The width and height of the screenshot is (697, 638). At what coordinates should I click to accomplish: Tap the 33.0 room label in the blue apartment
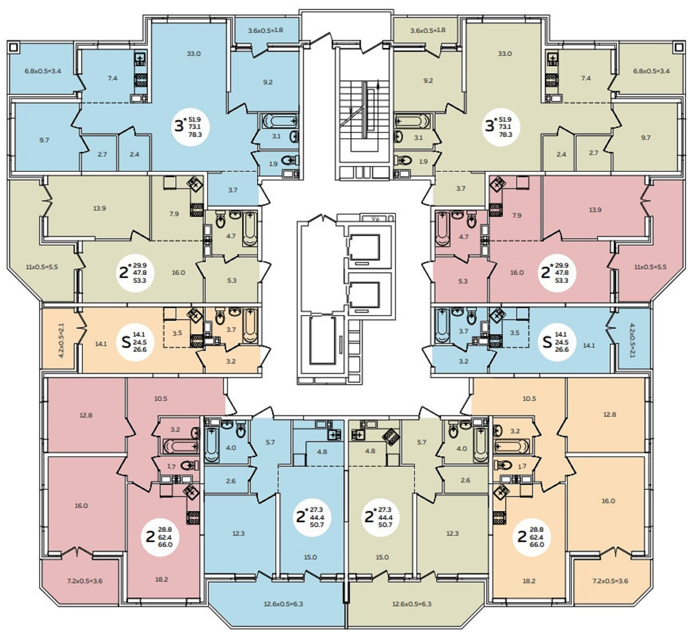193,54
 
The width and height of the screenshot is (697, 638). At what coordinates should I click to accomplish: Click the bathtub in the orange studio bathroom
250,326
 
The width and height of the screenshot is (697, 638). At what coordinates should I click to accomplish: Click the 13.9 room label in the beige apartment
99,208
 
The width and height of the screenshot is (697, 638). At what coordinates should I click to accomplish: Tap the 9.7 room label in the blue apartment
44,140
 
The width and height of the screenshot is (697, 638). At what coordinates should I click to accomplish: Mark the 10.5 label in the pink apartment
160,399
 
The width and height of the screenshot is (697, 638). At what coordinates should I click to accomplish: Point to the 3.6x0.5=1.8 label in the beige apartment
428,30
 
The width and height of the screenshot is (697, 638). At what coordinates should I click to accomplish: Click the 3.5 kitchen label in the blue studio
514,333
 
